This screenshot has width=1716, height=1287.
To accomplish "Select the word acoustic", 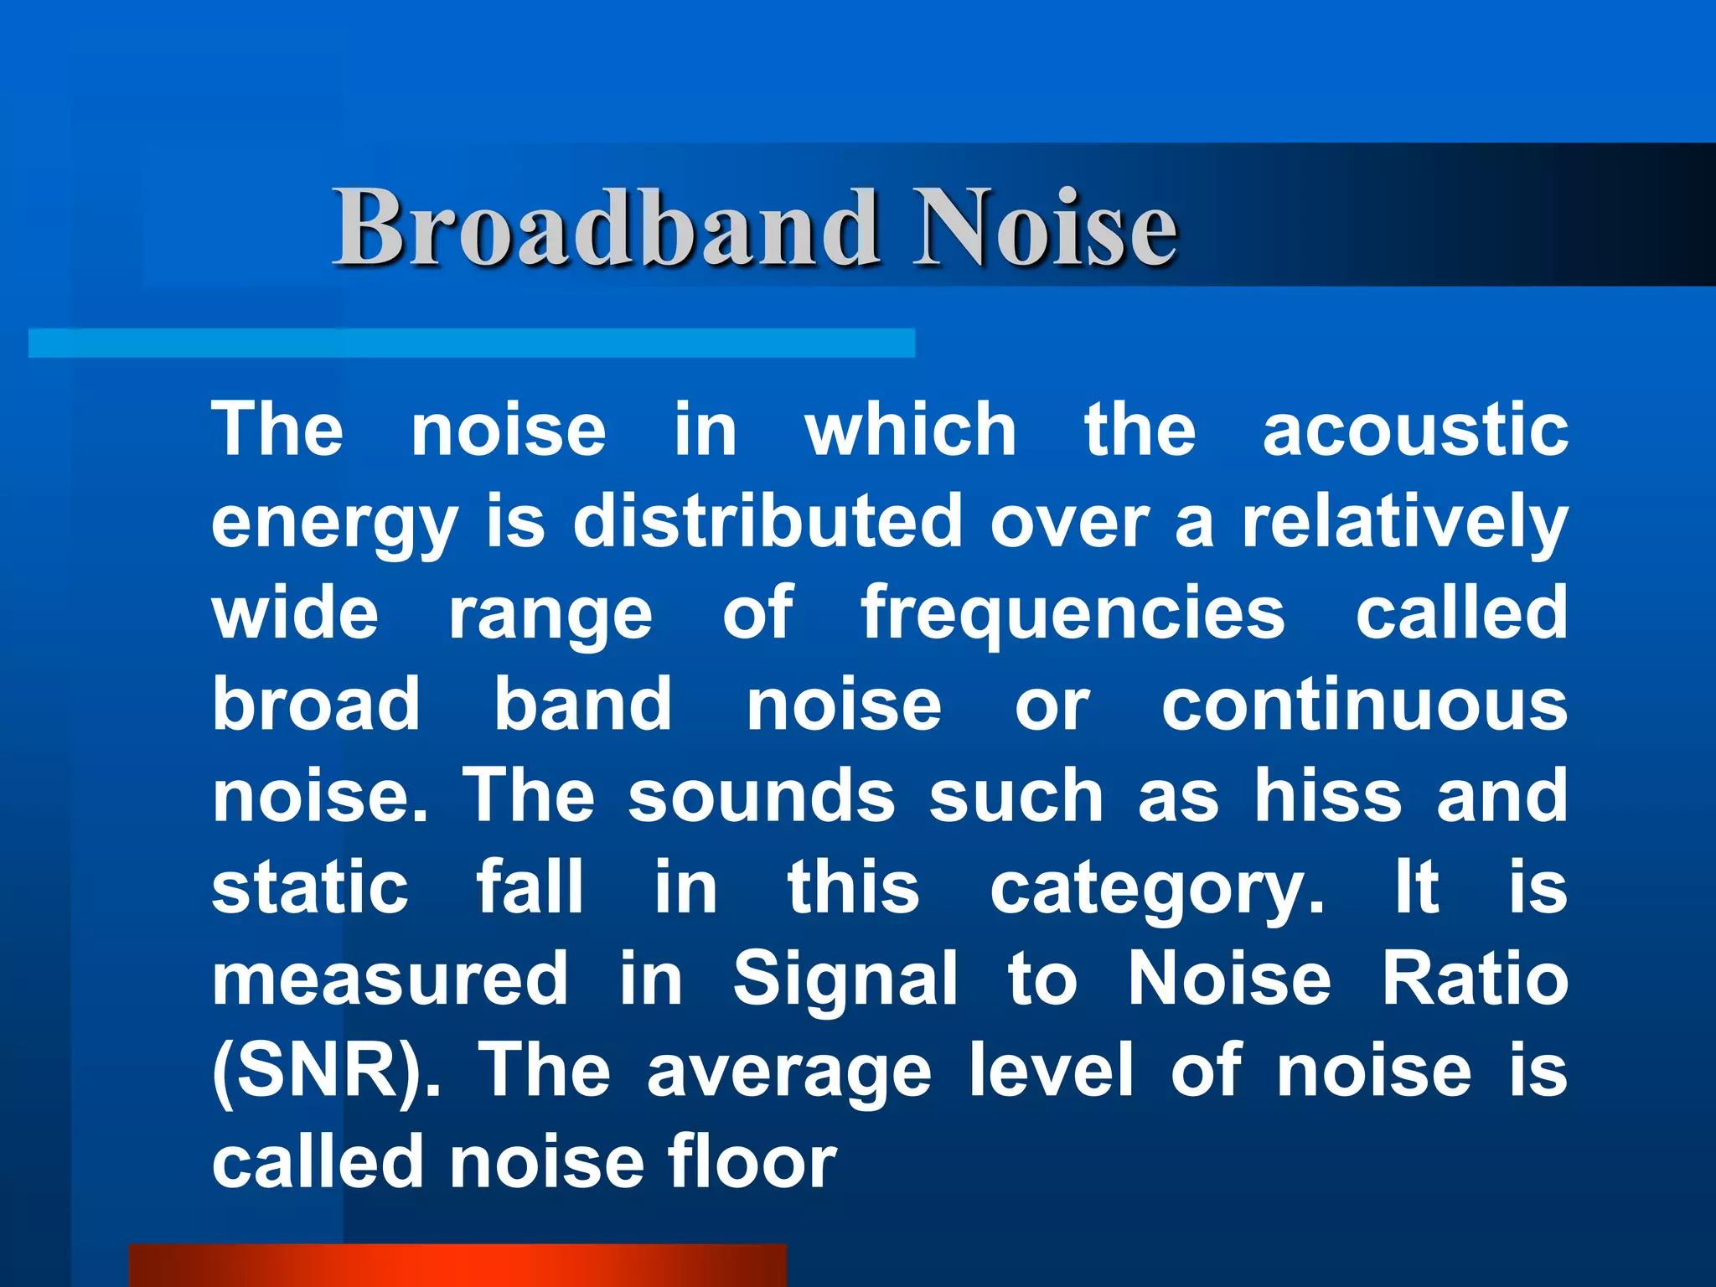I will click(x=1414, y=430).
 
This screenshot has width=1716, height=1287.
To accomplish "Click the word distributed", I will click(x=768, y=521).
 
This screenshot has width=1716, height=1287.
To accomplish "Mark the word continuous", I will click(x=1364, y=705).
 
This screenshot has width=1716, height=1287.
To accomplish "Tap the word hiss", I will click(x=1327, y=796).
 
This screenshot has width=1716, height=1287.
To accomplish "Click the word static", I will click(x=310, y=887).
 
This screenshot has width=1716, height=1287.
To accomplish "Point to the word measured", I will click(x=390, y=979).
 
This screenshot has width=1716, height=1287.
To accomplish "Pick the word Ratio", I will click(x=1475, y=979).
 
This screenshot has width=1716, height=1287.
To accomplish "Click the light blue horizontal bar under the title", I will click(x=471, y=344).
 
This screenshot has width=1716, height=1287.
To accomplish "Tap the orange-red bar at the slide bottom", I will click(x=457, y=1265).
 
